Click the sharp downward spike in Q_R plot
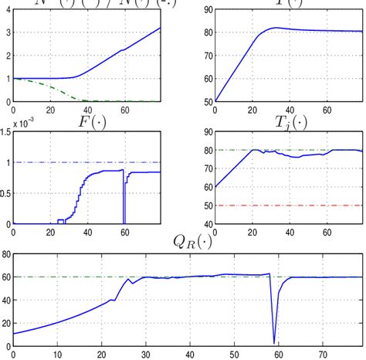pyautogui.click(x=274, y=340)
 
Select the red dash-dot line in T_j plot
pyautogui.click(x=309, y=205)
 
